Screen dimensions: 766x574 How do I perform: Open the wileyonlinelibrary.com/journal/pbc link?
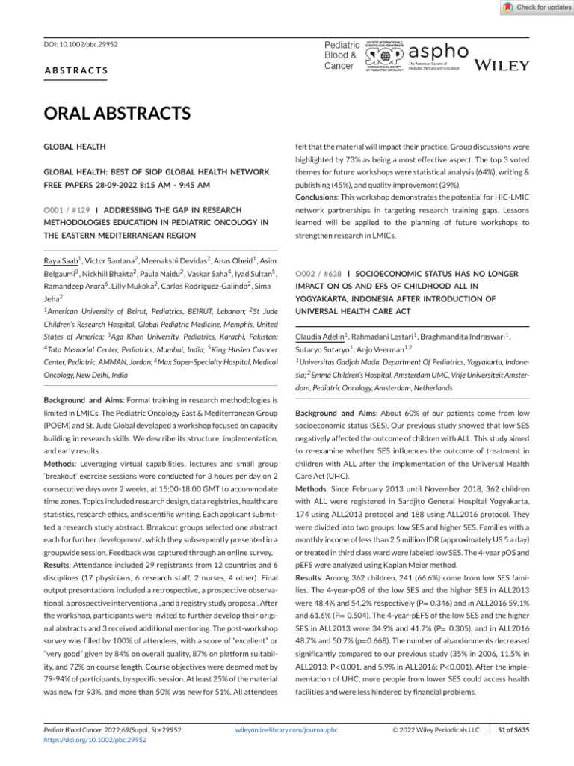point(286,729)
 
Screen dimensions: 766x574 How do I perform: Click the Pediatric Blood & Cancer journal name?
point(340,55)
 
